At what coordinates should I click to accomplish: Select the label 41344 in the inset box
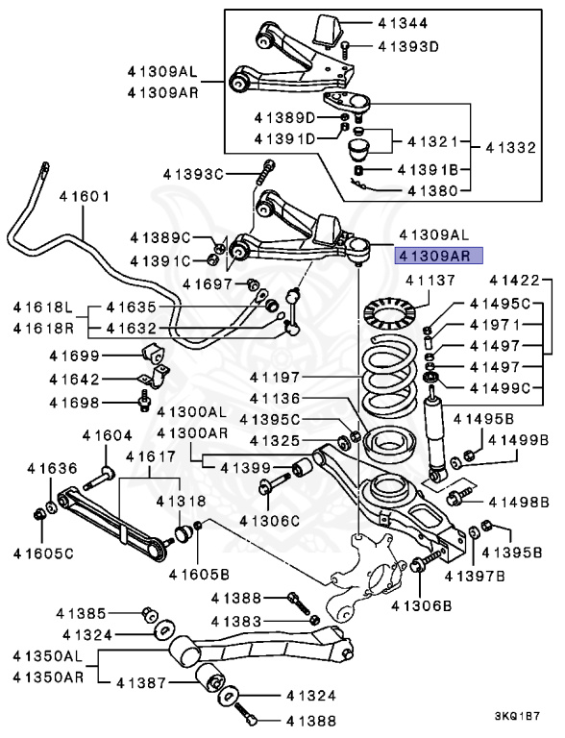coord(403,23)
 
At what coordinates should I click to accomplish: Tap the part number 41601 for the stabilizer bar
coord(85,196)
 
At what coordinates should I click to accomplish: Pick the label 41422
coord(514,281)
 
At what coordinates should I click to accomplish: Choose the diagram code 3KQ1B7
coord(517,717)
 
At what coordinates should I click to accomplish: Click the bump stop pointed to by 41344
coord(328,30)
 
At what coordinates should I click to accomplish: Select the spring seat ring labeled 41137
coord(389,311)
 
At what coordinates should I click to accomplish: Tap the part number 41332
coord(510,148)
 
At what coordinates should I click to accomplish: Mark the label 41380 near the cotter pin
coord(432,190)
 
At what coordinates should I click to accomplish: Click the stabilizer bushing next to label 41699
coord(154,355)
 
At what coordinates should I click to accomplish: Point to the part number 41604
coord(107,436)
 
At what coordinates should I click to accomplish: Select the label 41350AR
coord(48,676)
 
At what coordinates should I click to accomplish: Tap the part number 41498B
coord(519,503)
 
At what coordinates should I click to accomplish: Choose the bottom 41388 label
coord(311,721)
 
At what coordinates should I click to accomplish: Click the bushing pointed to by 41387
coord(210,678)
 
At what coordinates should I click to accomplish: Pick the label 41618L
coord(43,307)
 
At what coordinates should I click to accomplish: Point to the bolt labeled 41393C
coord(267,172)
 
